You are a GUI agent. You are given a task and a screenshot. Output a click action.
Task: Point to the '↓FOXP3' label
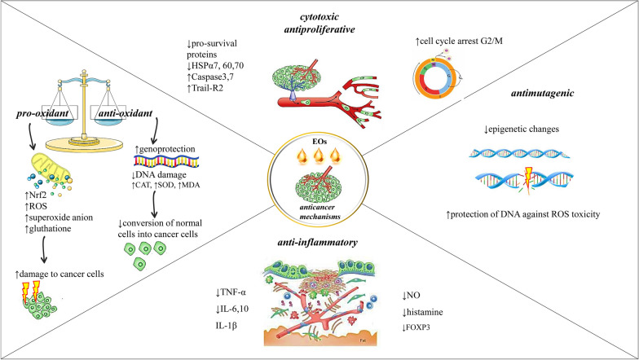pyautogui.click(x=423, y=328)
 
